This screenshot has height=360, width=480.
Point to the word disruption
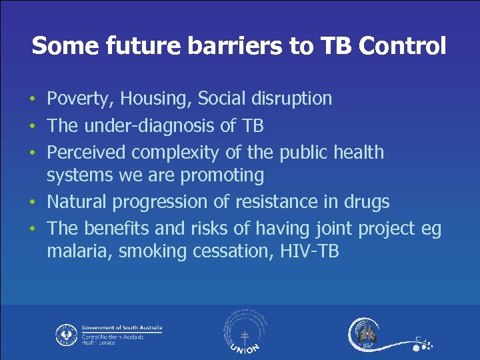[x=292, y=99]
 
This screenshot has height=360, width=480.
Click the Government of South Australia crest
[x=67, y=333]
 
